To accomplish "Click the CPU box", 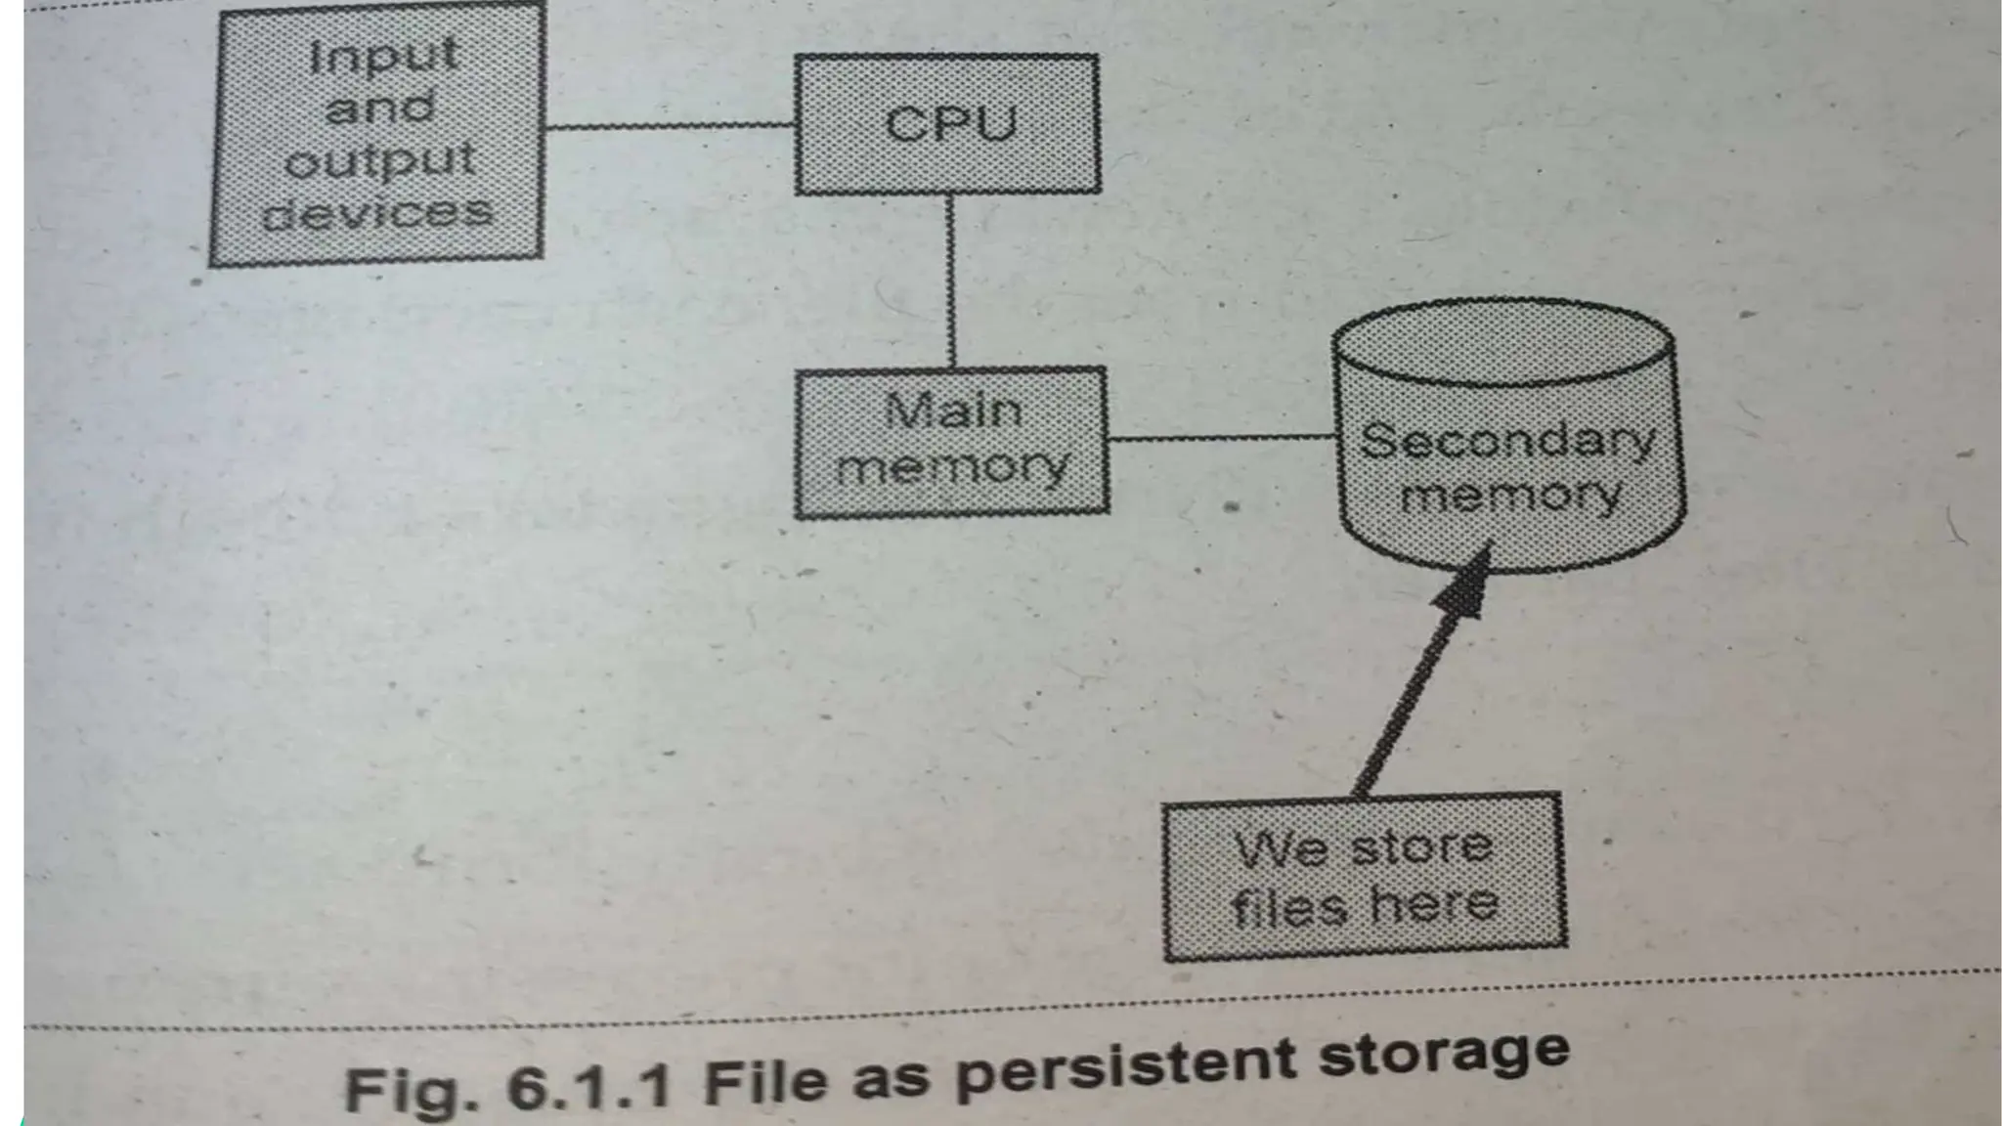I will point(946,124).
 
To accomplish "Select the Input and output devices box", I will point(377,134).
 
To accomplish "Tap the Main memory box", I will point(951,441).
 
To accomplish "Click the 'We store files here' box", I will point(1364,877).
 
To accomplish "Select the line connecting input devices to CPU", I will point(669,126).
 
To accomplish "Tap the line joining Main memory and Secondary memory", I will point(1222,439).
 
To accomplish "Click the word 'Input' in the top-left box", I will point(383,56).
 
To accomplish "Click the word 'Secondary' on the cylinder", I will point(1506,442).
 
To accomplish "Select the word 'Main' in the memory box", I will point(953,411).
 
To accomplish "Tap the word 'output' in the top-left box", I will point(379,160).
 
